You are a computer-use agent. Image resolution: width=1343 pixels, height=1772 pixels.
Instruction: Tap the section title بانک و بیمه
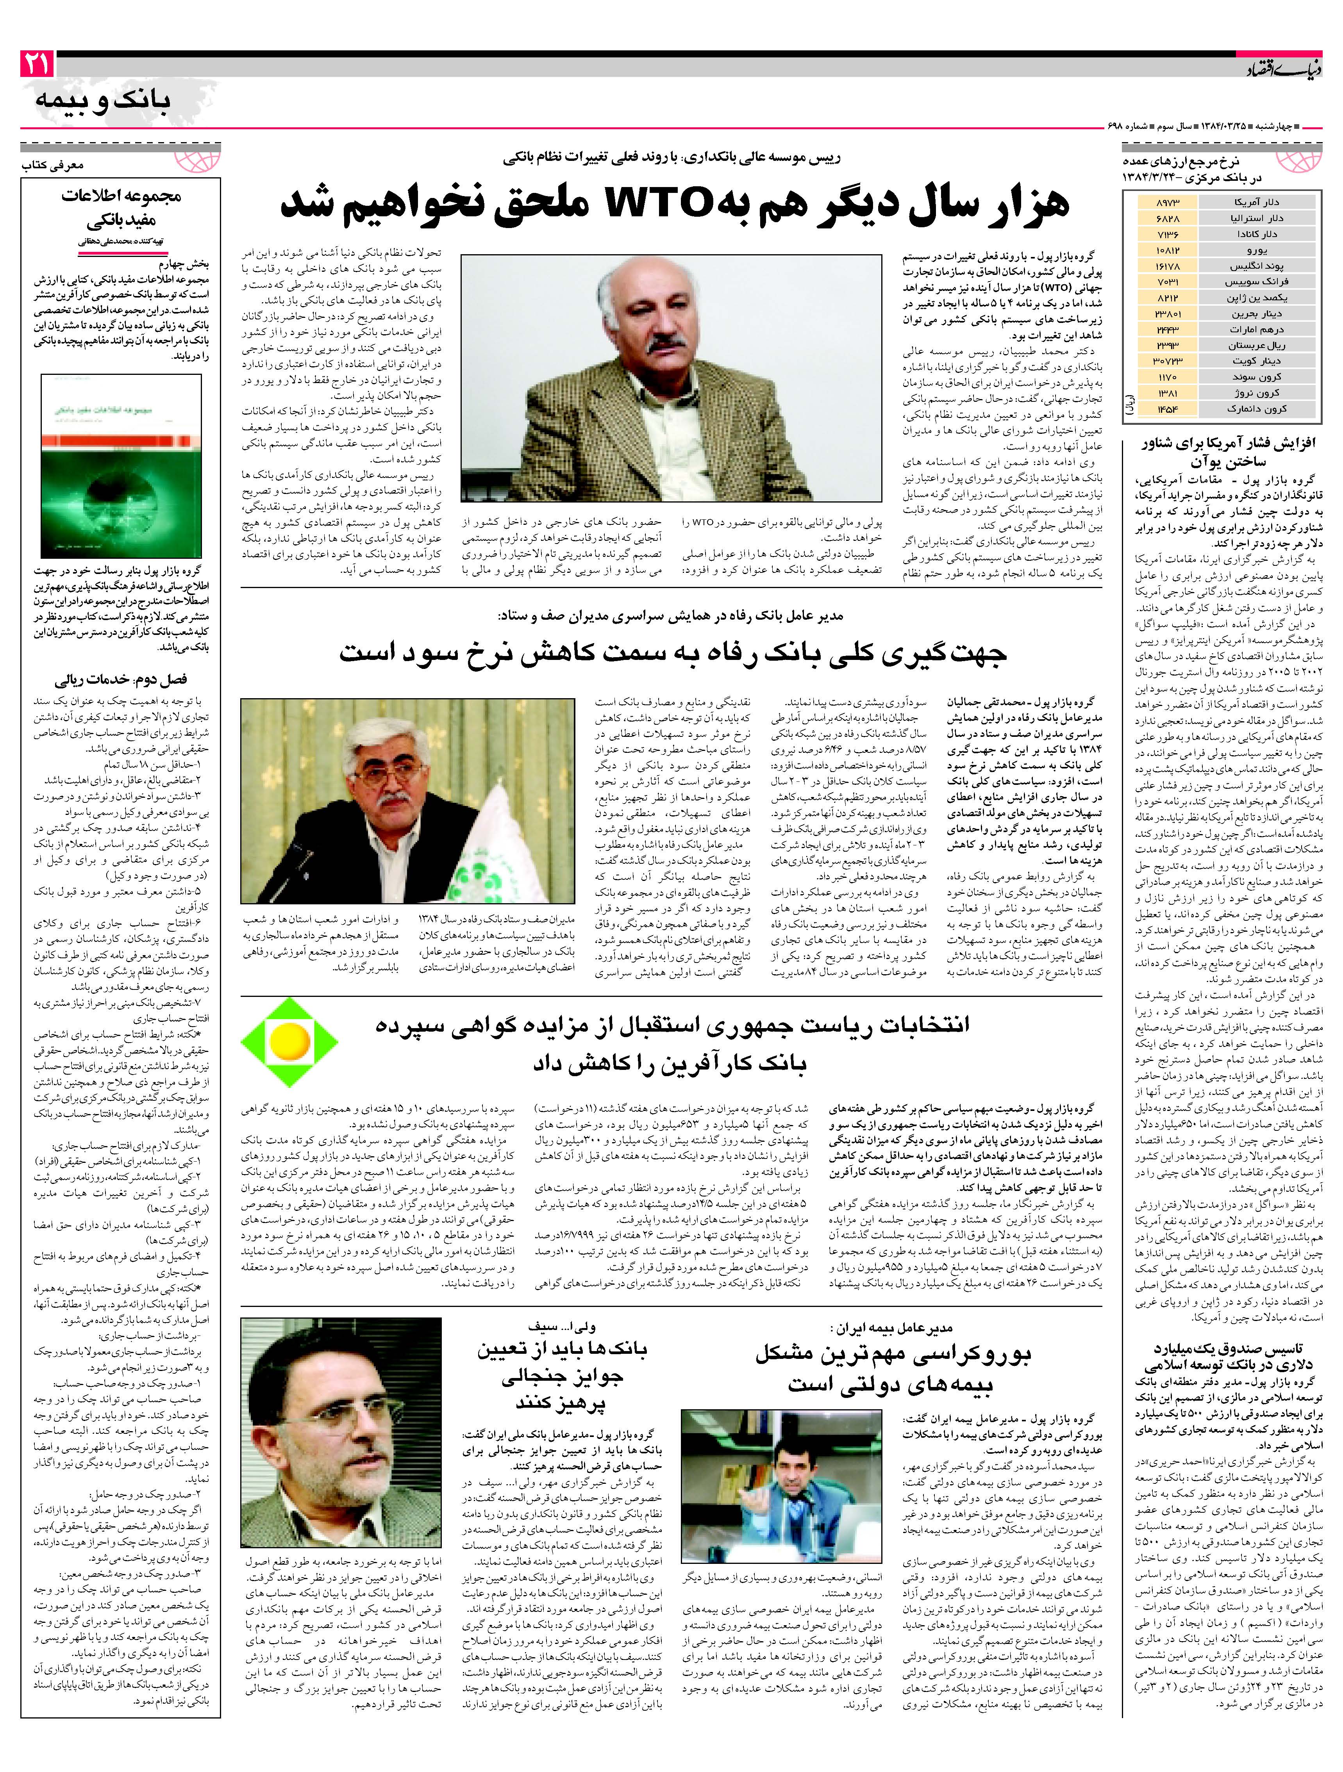tap(103, 101)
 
